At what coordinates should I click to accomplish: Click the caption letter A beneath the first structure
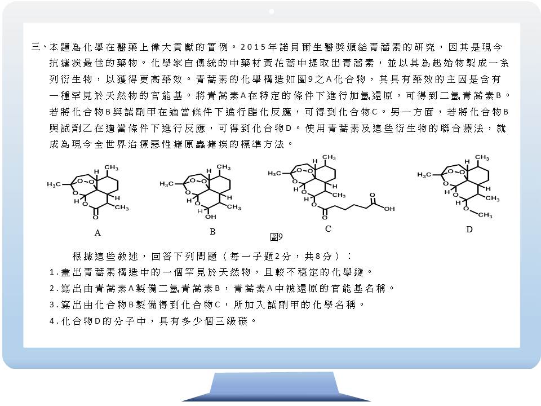[97, 233]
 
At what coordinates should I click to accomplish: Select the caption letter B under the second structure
[212, 232]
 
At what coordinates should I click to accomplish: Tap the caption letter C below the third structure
[328, 228]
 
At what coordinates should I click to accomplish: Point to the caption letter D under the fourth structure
[469, 230]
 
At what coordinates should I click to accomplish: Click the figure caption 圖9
[276, 237]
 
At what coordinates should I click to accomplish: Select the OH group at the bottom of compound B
[210, 217]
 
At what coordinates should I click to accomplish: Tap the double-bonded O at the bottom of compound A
[96, 217]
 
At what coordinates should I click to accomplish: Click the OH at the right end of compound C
[389, 209]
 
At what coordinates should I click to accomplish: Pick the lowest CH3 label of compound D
[485, 215]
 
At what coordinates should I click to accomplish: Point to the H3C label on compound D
[424, 175]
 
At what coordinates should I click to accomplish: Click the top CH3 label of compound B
[224, 167]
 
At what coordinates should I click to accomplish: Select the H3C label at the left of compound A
[54, 185]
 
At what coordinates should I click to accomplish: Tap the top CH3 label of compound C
[329, 157]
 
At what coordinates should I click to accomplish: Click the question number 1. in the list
[54, 272]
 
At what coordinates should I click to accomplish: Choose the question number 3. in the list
[54, 305]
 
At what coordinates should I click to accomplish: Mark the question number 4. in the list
[54, 321]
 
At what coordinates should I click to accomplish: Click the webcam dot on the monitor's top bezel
[272, 11]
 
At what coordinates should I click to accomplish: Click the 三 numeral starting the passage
[36, 47]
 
